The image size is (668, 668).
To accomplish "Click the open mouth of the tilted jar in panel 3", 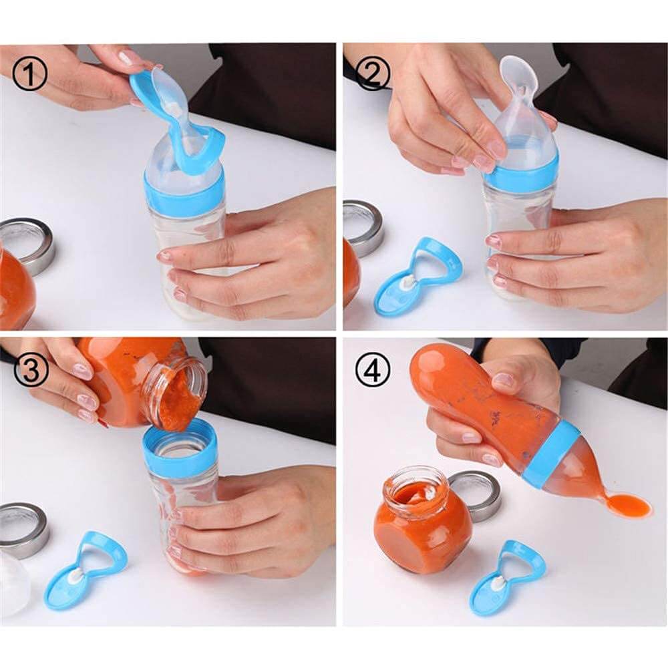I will (x=175, y=394).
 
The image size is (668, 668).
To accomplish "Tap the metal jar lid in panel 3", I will (x=23, y=528).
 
